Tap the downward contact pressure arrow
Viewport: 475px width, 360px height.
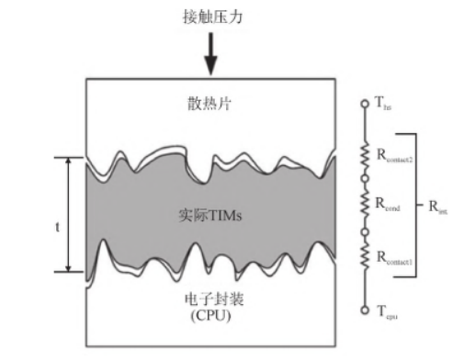(x=210, y=55)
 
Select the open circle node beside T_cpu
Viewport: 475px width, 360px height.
(x=367, y=310)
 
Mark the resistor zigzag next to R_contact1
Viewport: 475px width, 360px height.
(x=367, y=258)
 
